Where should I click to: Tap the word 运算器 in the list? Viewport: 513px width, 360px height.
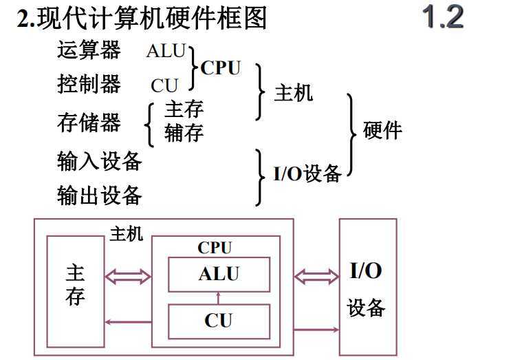click(89, 50)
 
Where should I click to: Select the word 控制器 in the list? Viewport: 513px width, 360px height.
click(89, 85)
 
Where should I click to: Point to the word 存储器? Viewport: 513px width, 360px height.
click(89, 123)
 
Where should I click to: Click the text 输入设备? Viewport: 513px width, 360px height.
click(99, 161)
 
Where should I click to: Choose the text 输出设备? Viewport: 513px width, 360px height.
click(99, 195)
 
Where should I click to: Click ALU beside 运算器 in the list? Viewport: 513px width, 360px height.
click(166, 50)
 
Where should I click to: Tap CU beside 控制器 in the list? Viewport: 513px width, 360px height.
click(164, 86)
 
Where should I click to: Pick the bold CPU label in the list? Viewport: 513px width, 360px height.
click(221, 68)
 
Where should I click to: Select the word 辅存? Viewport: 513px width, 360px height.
click(184, 132)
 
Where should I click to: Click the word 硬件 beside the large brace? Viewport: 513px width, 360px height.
click(382, 131)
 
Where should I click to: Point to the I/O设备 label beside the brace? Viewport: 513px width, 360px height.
click(307, 173)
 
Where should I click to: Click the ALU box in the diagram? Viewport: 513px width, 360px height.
click(219, 274)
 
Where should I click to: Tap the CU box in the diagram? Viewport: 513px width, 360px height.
click(219, 320)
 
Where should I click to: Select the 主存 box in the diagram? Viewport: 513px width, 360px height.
click(75, 285)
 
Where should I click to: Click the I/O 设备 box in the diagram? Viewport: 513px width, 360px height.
click(367, 288)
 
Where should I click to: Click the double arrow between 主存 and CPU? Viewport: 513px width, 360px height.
click(127, 277)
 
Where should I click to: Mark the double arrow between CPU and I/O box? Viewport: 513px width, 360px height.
click(316, 277)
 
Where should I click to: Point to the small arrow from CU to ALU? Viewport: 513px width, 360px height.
click(218, 297)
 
